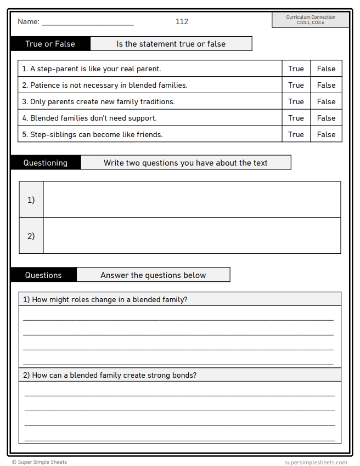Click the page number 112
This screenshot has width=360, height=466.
[182, 21]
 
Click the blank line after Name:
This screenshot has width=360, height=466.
[87, 22]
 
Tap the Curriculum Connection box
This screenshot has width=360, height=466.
[311, 20]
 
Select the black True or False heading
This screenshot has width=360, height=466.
[50, 44]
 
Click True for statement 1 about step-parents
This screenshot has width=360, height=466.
[296, 69]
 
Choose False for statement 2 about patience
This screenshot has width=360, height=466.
[326, 85]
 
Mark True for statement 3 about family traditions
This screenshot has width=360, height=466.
[296, 101]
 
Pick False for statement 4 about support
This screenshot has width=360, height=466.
[326, 118]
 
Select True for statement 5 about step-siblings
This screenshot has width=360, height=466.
[296, 134]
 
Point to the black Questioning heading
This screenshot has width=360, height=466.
[46, 163]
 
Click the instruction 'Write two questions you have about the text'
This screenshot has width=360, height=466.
[185, 163]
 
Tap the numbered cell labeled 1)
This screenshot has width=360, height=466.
[31, 200]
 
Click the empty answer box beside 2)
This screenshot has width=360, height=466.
[192, 236]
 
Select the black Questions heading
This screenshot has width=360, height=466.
[43, 275]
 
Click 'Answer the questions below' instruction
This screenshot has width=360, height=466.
[153, 275]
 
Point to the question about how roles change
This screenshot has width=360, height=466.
[105, 299]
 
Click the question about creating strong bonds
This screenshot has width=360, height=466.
[110, 375]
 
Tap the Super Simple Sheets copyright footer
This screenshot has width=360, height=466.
[40, 462]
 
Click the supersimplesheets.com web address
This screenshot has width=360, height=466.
[316, 462]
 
